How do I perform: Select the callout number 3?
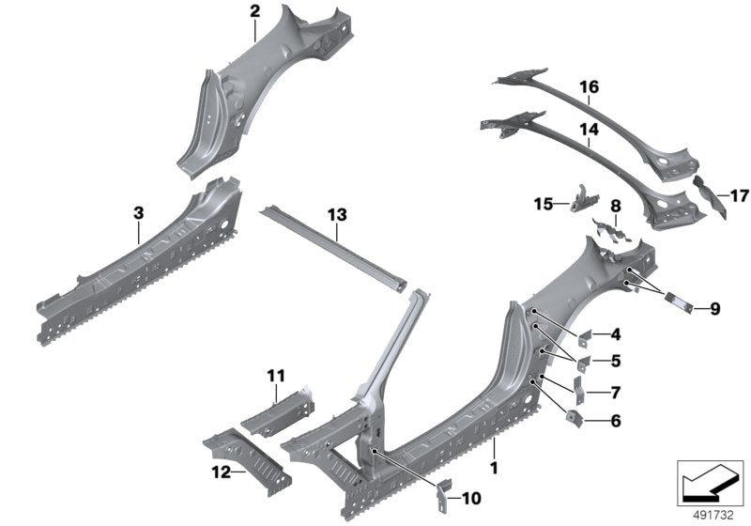pos(138,214)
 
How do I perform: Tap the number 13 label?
pos(337,216)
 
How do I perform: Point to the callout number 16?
pos(589,87)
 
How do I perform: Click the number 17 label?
pos(738,195)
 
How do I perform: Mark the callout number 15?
pos(542,203)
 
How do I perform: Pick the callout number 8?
pos(615,205)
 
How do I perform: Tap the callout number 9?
pos(713,308)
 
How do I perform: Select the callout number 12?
pos(221,473)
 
